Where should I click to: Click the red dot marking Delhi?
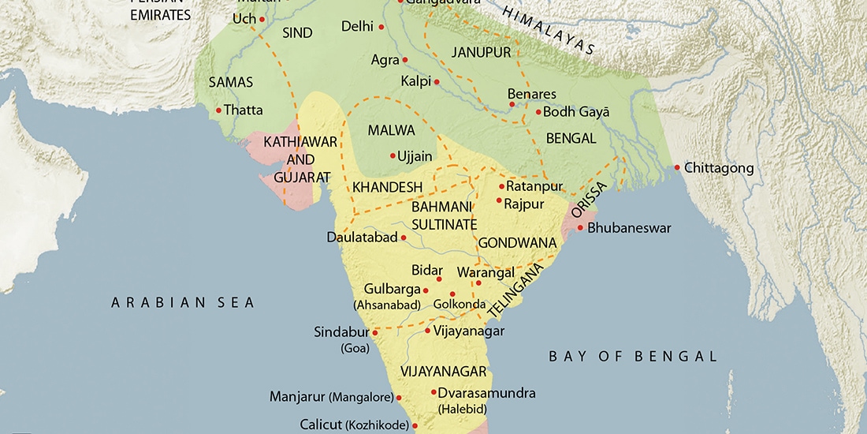click(381, 27)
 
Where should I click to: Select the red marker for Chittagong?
click(677, 167)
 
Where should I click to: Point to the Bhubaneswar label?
click(629, 228)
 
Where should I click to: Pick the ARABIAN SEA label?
click(183, 302)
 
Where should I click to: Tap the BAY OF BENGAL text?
click(633, 357)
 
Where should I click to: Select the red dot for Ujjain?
click(393, 155)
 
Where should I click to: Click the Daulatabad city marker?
click(404, 237)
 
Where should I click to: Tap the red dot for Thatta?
click(218, 110)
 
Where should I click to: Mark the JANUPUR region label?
click(476, 52)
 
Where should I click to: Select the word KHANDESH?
click(388, 188)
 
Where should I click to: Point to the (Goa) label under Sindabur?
click(354, 348)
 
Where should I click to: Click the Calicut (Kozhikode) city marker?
click(415, 425)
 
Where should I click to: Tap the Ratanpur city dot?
click(501, 186)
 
